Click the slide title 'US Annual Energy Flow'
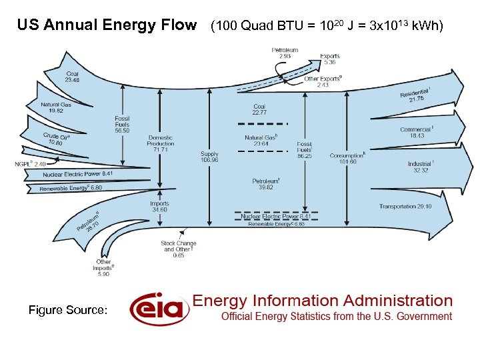pyautogui.click(x=107, y=26)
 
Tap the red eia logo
pyautogui.click(x=156, y=309)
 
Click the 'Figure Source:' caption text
pyautogui.click(x=68, y=309)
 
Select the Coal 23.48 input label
pyautogui.click(x=72, y=77)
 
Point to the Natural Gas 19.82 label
pyautogui.click(x=56, y=107)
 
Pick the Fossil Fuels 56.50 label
pyautogui.click(x=122, y=125)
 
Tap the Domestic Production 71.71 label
pyautogui.click(x=160, y=143)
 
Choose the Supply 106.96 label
pyautogui.click(x=209, y=157)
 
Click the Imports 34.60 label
pyautogui.click(x=159, y=207)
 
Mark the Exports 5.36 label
pyautogui.click(x=329, y=59)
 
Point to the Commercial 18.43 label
pyautogui.click(x=417, y=132)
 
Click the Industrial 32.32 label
pyautogui.click(x=421, y=167)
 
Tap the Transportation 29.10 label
pyautogui.click(x=405, y=207)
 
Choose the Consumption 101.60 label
pyautogui.click(x=347, y=158)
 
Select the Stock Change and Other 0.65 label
pyautogui.click(x=178, y=249)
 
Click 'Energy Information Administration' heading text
pyautogui.click(x=323, y=301)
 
